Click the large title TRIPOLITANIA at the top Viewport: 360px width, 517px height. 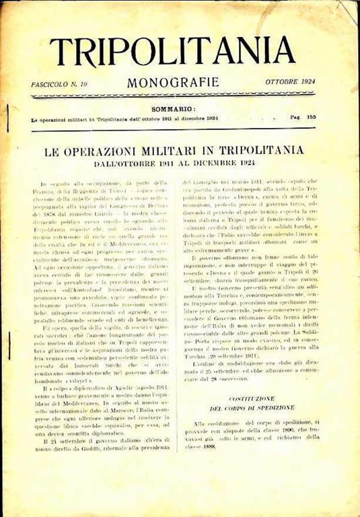(172, 52)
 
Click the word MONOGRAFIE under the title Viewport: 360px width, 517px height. (173, 83)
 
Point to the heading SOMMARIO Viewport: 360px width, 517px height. (174, 108)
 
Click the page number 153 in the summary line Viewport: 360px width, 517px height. (312, 116)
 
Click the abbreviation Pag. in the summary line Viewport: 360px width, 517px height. (295, 116)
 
